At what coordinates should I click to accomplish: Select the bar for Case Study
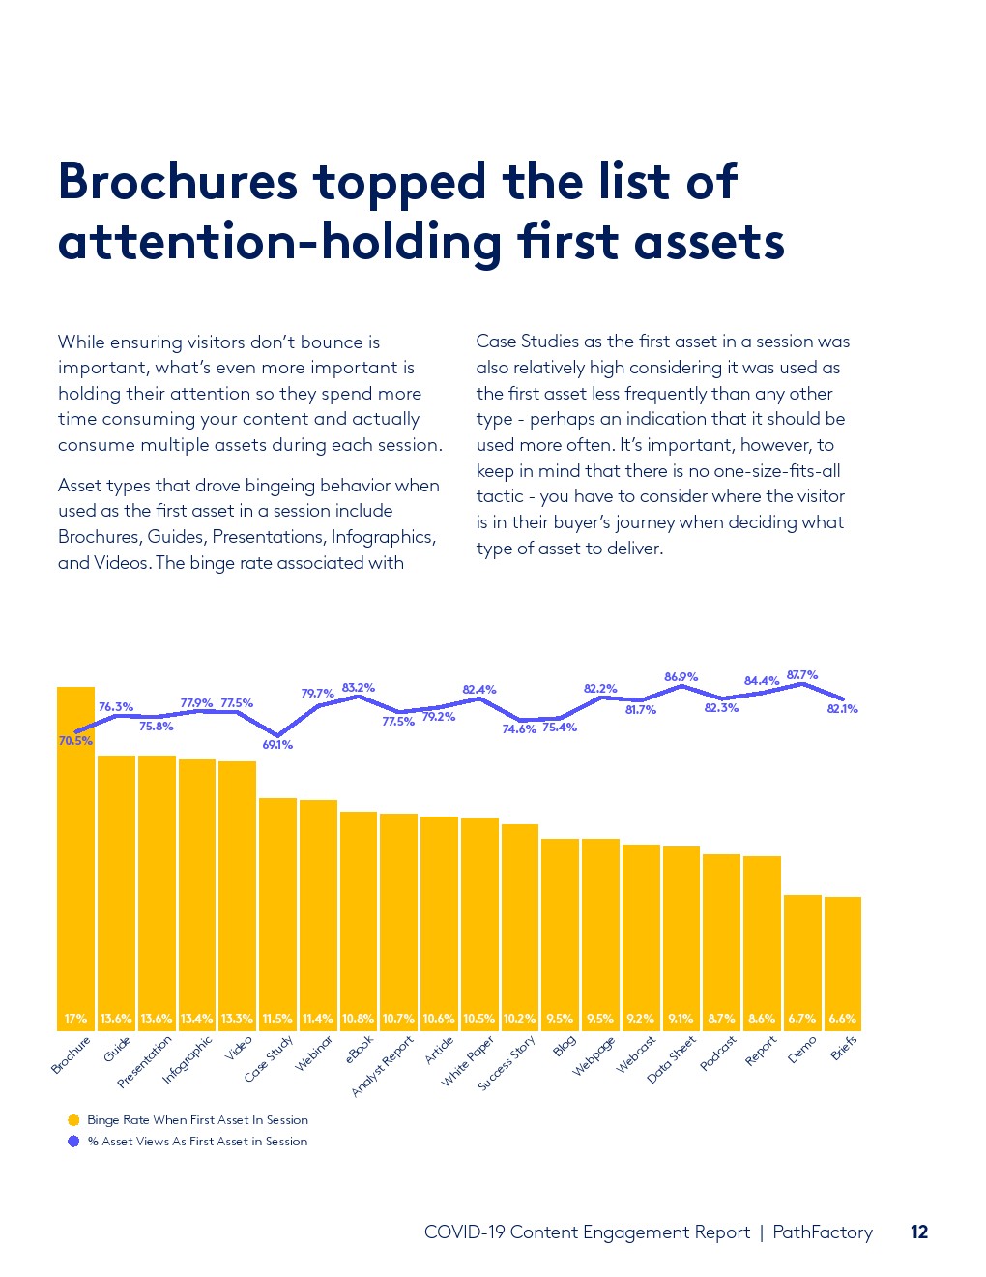[x=277, y=909]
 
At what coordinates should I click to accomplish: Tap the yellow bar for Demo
[x=802, y=958]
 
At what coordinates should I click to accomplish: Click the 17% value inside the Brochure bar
[x=75, y=1019]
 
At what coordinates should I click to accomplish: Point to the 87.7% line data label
[x=802, y=675]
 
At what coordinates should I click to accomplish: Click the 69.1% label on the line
[x=277, y=745]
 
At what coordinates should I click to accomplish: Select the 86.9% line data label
[x=681, y=677]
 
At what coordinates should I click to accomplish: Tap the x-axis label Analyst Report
[x=383, y=1065]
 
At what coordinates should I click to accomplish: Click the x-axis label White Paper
[x=469, y=1060]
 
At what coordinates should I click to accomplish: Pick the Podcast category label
[x=718, y=1053]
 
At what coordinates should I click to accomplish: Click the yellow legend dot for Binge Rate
[x=73, y=1120]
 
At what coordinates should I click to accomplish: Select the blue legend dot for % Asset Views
[x=73, y=1142]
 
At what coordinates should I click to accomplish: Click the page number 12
[x=919, y=1232]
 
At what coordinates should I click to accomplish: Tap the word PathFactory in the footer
[x=823, y=1232]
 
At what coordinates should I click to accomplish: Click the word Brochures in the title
[x=178, y=182]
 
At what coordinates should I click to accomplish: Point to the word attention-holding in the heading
[x=278, y=242]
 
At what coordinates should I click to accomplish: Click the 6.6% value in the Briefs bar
[x=842, y=1019]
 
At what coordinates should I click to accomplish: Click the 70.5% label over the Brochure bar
[x=75, y=741]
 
